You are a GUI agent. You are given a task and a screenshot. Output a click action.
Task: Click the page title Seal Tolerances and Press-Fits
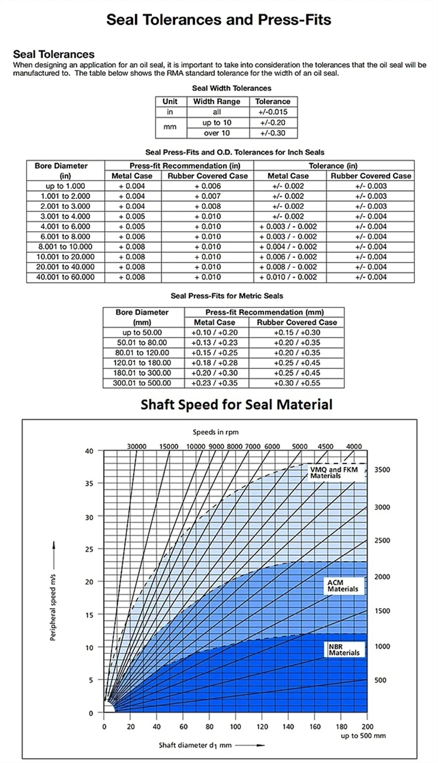tap(218, 20)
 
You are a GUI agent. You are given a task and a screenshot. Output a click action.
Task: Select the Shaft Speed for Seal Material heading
tap(236, 404)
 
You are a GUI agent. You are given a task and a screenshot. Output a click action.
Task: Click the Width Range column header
tap(217, 102)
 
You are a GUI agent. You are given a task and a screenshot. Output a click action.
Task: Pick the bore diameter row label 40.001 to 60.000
tap(65, 277)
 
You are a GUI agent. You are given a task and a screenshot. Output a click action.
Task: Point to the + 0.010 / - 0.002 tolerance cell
tap(288, 277)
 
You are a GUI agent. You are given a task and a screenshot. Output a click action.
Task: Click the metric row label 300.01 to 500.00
tap(144, 383)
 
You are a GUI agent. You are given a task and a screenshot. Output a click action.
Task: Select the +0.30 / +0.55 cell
tap(297, 383)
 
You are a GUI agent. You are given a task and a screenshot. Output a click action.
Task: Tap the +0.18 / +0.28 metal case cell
tap(214, 363)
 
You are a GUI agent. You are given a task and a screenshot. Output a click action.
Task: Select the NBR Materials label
tap(344, 649)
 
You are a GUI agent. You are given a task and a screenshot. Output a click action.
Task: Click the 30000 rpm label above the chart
tap(137, 447)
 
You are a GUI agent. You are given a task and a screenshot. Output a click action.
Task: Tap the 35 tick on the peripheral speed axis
tap(89, 484)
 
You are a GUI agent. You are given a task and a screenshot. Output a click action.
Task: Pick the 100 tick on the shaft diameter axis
tap(235, 726)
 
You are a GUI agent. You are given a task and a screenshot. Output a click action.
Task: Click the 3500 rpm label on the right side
tap(382, 470)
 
